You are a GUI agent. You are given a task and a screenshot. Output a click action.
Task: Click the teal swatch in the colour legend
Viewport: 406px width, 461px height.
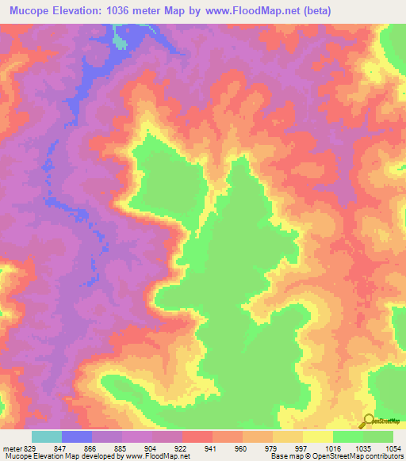47,436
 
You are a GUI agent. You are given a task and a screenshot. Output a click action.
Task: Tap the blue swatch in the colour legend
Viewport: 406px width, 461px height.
77,436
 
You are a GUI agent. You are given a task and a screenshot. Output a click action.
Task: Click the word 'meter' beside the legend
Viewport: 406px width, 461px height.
11,448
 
